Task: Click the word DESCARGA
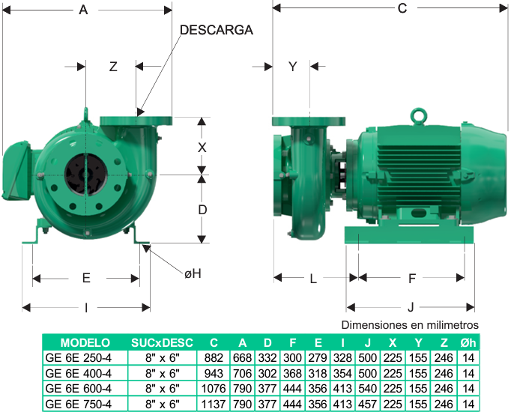coord(217,30)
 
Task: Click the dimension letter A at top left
coord(83,10)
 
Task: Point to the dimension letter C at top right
coord(402,8)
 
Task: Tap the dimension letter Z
coord(113,67)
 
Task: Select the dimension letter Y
coord(293,67)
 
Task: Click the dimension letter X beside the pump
coord(202,148)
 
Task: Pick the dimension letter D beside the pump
coord(202,210)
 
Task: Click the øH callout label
coord(193,273)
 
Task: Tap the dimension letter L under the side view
coord(313,279)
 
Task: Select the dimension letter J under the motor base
coord(411,307)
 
